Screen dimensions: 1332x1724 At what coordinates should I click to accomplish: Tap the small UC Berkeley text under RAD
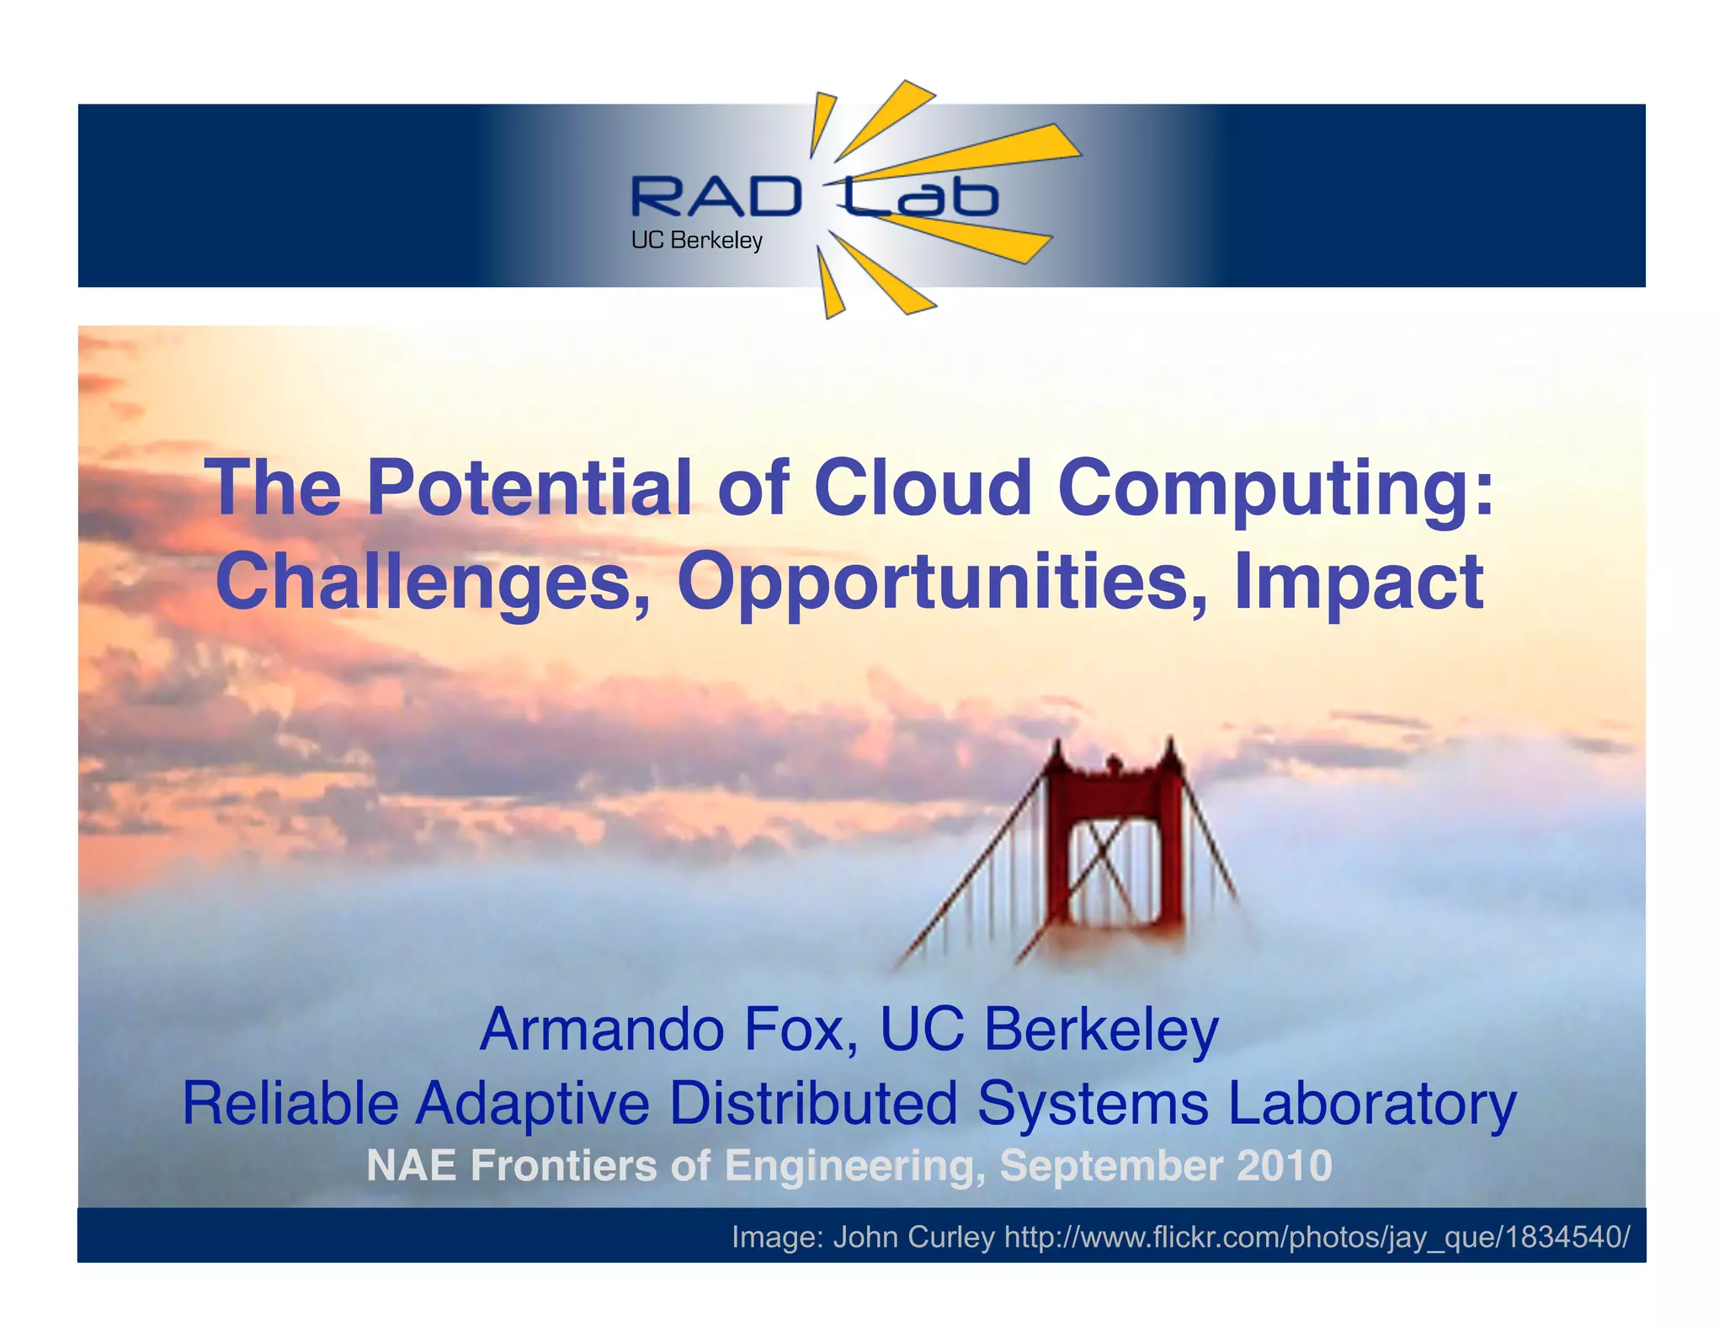(x=696, y=241)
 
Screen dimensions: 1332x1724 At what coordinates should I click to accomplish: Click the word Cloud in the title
(x=923, y=488)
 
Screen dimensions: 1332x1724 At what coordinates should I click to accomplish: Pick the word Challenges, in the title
(x=434, y=583)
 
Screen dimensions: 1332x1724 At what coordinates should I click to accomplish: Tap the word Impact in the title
(x=1357, y=583)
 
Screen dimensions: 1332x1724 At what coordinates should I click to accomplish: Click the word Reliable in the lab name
(x=290, y=1103)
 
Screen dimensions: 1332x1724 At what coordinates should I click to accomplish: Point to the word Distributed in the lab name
(x=813, y=1103)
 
